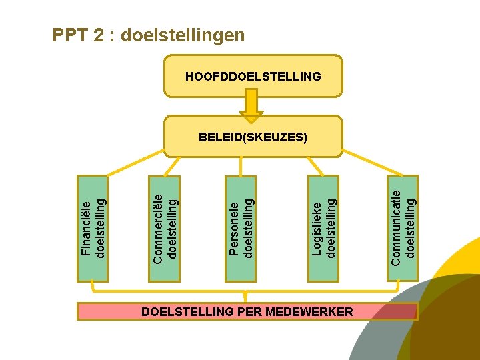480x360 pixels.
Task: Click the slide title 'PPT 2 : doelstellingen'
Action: [x=149, y=35]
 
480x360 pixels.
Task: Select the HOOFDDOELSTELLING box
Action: [x=253, y=77]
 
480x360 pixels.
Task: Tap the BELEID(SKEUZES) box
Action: [x=253, y=137]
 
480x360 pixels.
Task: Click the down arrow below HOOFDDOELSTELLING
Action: [x=252, y=105]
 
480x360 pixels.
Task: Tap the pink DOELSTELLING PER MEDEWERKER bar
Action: [x=247, y=311]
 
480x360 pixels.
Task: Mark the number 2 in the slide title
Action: [x=97, y=35]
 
